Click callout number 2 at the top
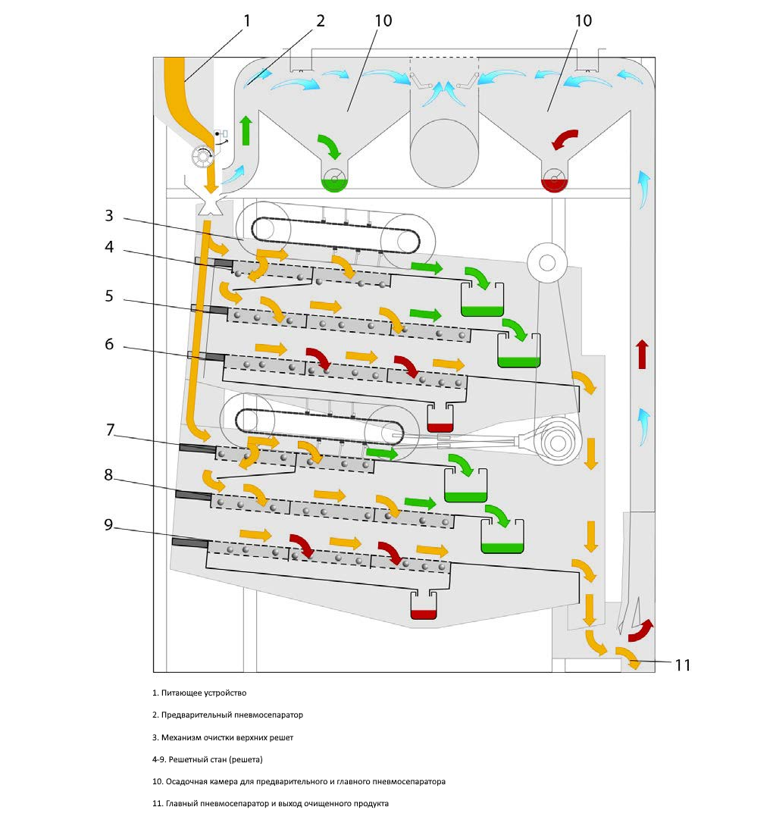(x=321, y=20)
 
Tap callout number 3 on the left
(x=109, y=215)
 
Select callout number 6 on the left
(x=109, y=344)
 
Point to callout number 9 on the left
(x=109, y=524)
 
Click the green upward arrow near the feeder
(x=245, y=131)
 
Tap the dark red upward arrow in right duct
(x=642, y=354)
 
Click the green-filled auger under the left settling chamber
(x=333, y=180)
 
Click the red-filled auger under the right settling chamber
(x=555, y=180)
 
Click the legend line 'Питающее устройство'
(x=199, y=693)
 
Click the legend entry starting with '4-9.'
(x=207, y=759)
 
